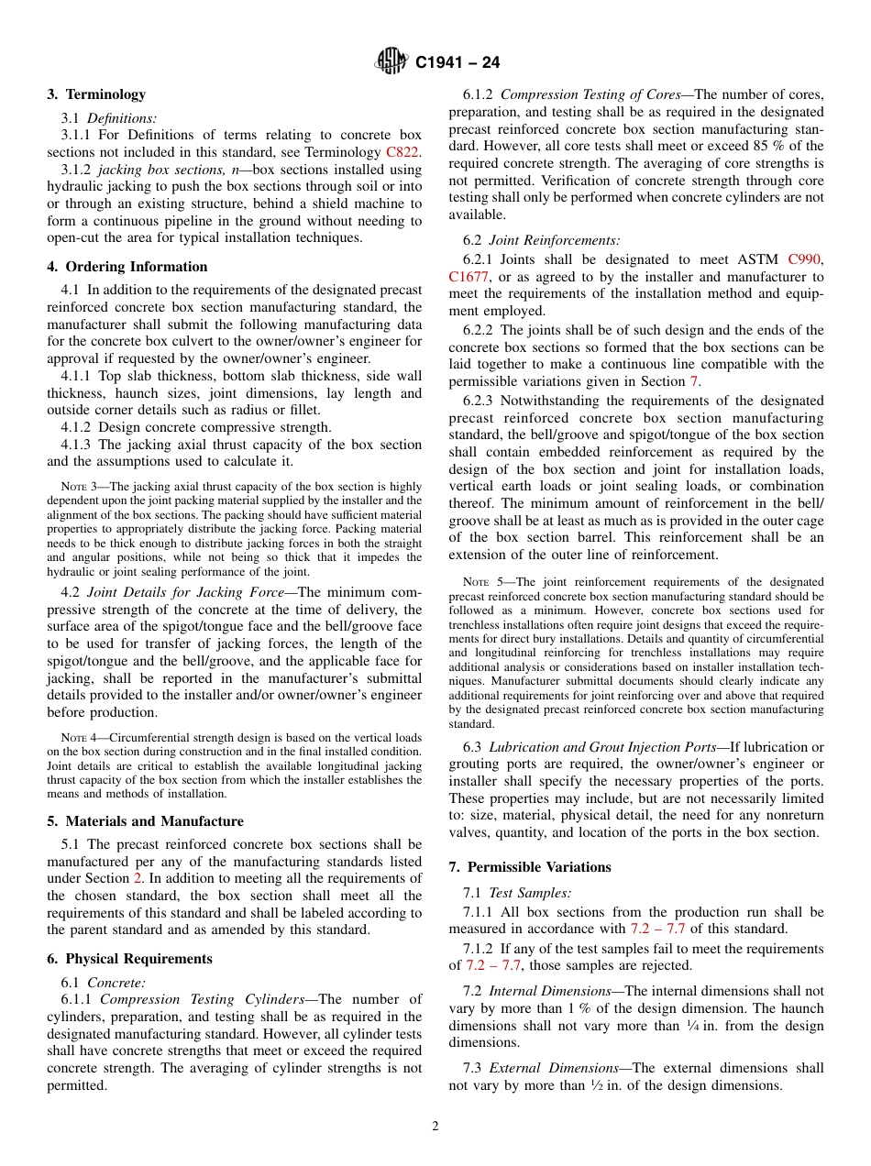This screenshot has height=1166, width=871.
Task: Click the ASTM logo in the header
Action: point(391,62)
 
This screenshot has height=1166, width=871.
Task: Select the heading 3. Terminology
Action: point(96,94)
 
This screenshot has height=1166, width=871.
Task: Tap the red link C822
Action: point(402,152)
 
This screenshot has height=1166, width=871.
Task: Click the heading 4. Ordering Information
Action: point(127,267)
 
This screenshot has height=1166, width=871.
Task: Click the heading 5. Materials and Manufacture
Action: point(145,821)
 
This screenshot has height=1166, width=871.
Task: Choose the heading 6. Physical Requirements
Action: point(129,959)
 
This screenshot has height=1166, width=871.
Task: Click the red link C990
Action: point(805,259)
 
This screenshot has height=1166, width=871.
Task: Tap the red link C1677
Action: point(469,277)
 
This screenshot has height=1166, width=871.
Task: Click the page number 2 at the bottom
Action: point(435,1127)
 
